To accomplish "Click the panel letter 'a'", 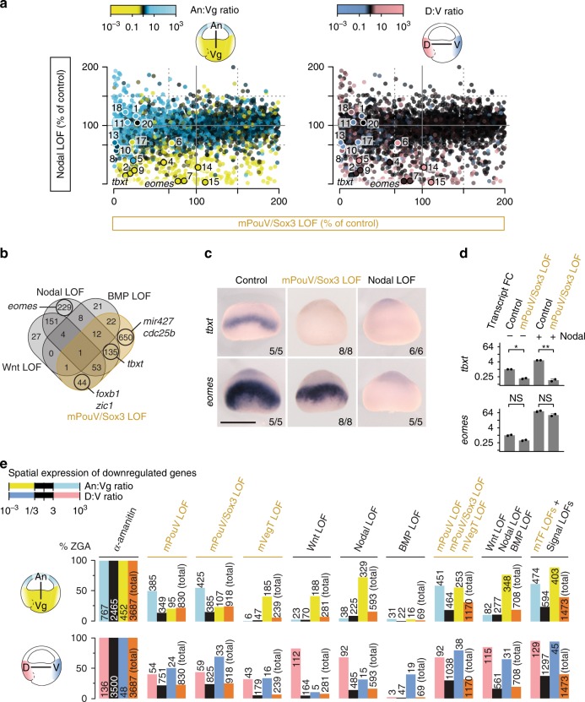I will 5,6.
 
